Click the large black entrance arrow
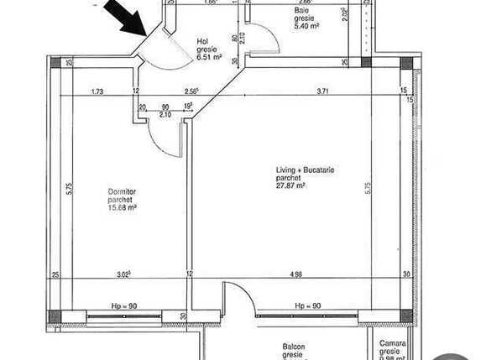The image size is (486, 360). [x=123, y=18]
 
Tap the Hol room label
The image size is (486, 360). [x=201, y=40]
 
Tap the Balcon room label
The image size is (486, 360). [x=293, y=347]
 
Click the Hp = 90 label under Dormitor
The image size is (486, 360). [x=123, y=306]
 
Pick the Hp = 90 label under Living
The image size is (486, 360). [x=307, y=306]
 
